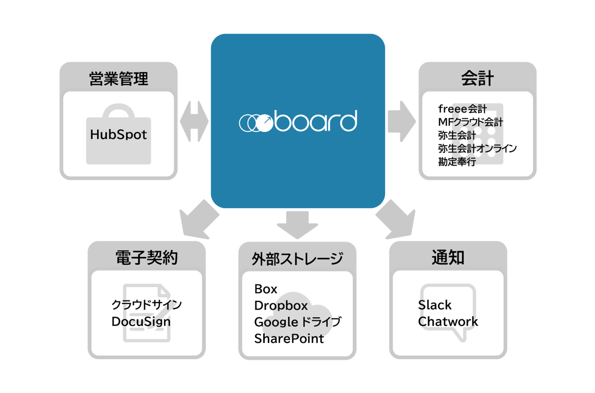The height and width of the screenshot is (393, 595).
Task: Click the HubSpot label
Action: coord(118,135)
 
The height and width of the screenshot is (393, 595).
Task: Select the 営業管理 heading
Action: coord(118,79)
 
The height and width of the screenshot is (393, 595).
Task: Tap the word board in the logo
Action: coord(314,121)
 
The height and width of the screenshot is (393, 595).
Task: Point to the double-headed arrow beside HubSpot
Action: coord(194,122)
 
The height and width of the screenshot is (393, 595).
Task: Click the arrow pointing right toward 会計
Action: coord(402,122)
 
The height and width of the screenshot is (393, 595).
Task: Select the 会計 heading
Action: coord(477,79)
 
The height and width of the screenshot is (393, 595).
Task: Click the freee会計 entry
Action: coord(462,109)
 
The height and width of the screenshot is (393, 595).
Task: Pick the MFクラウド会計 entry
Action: coord(470,122)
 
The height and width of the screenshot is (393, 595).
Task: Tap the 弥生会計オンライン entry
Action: coord(477,149)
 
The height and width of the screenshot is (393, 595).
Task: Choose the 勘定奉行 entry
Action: coord(456,162)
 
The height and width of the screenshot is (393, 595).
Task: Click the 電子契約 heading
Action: coord(146,258)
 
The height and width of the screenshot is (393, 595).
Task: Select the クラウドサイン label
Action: coord(146,305)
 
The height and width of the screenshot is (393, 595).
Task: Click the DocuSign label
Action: coord(141,322)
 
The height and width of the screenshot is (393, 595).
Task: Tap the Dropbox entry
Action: coord(281,306)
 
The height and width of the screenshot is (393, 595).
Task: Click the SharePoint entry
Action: coord(289,339)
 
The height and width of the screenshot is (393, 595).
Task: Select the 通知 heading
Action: coord(448,258)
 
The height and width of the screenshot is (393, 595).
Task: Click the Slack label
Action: coord(434,305)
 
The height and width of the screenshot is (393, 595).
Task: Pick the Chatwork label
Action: coord(448,322)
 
